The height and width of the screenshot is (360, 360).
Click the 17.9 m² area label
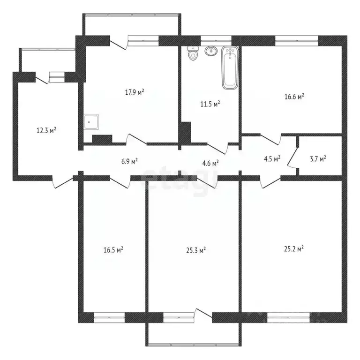click(x=134, y=92)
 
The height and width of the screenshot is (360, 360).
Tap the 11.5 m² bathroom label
click(x=210, y=104)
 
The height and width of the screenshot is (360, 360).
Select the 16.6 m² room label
click(x=294, y=97)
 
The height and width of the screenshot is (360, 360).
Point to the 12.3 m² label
click(x=46, y=130)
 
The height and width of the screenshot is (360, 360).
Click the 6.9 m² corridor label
click(x=129, y=162)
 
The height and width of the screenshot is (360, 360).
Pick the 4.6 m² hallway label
click(x=210, y=163)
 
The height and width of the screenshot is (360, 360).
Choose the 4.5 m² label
click(x=272, y=158)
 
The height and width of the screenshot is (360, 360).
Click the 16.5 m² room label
click(x=113, y=250)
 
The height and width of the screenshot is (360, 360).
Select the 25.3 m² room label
click(x=196, y=250)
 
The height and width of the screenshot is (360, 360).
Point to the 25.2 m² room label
click(x=293, y=248)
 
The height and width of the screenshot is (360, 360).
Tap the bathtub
click(x=230, y=68)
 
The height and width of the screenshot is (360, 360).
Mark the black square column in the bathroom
click(x=186, y=133)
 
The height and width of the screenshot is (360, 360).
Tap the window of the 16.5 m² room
click(x=109, y=318)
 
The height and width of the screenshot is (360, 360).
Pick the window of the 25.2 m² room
click(x=288, y=318)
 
